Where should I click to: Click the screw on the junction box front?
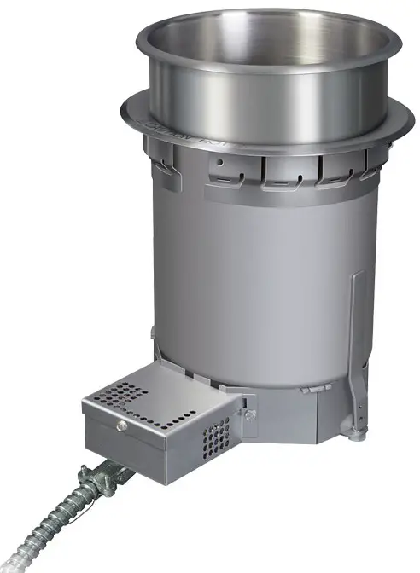click(x=122, y=425)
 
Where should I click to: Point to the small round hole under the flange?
click(x=220, y=159)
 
